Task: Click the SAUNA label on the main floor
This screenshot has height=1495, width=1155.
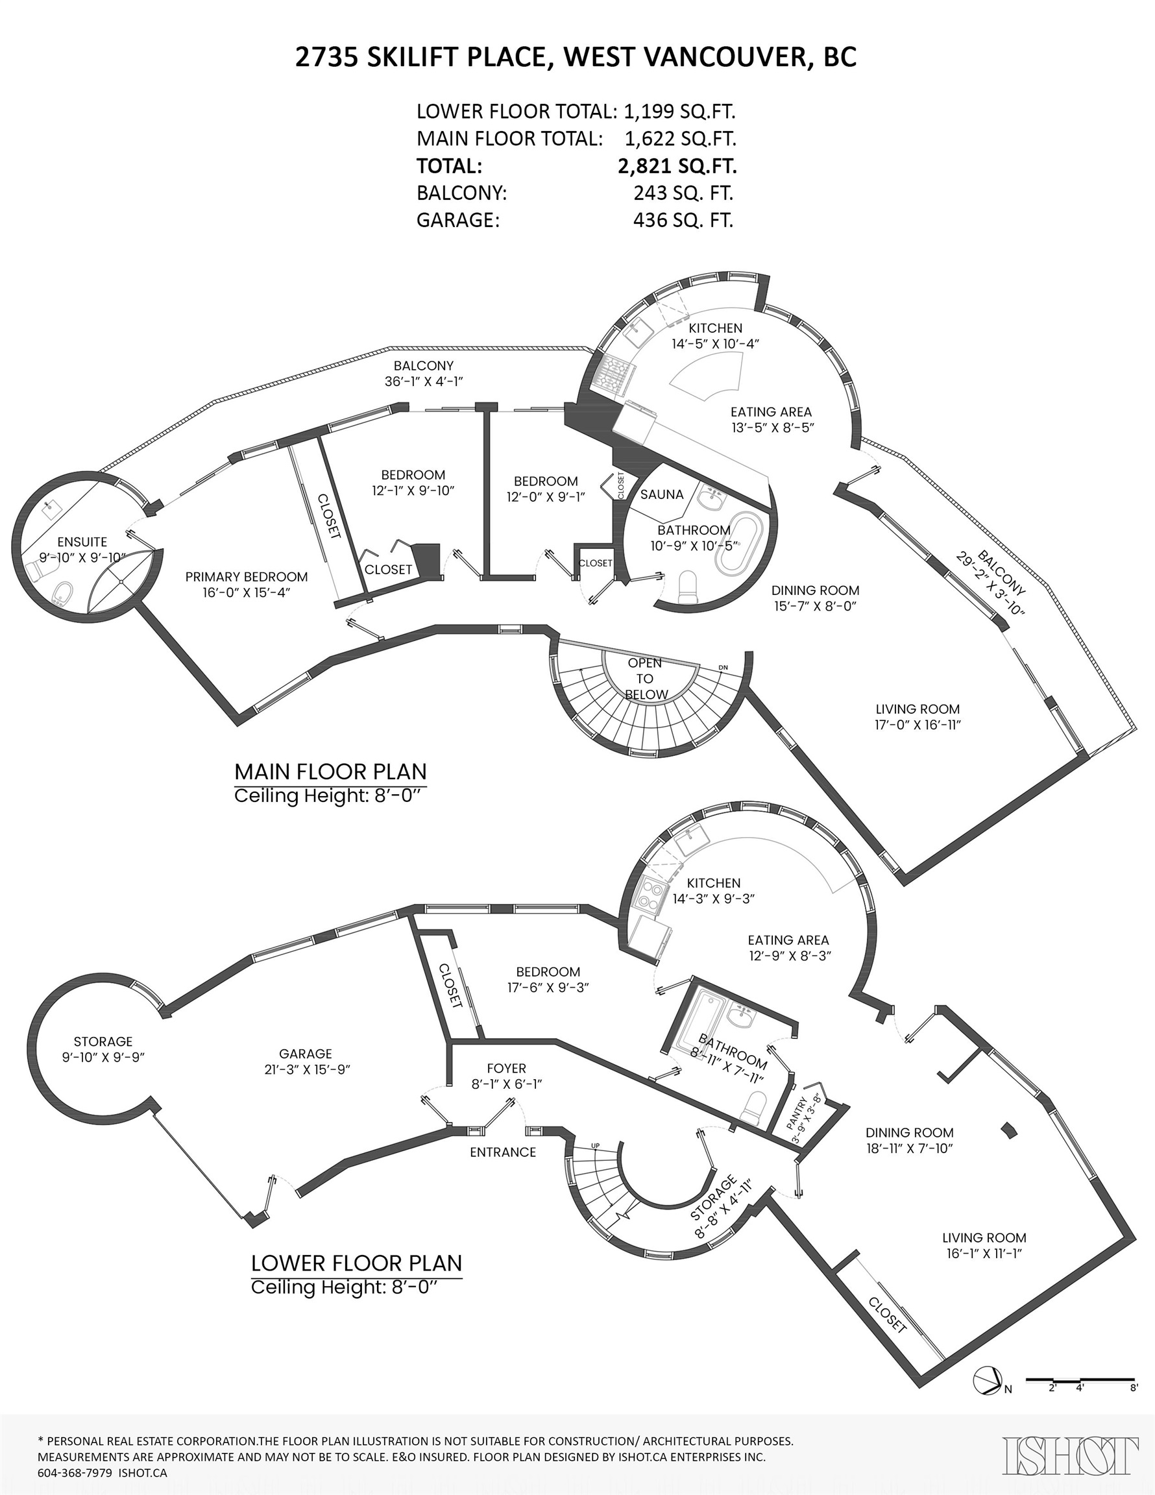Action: click(661, 494)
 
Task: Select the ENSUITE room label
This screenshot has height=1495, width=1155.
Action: click(82, 542)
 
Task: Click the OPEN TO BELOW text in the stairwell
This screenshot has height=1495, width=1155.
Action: click(646, 678)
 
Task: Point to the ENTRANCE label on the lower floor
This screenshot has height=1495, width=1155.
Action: click(502, 1152)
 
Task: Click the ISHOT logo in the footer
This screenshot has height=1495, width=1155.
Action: click(1071, 1455)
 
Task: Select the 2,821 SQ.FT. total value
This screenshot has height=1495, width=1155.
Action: click(677, 166)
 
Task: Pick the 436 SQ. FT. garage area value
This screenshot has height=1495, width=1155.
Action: click(683, 221)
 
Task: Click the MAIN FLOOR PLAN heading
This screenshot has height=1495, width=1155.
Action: click(330, 772)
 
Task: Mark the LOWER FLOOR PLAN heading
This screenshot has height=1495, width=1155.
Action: click(356, 1263)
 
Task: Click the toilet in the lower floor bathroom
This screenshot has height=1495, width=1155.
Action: click(755, 1106)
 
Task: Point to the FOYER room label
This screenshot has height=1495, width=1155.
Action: click(507, 1069)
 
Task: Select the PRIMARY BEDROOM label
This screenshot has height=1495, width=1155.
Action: click(247, 577)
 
